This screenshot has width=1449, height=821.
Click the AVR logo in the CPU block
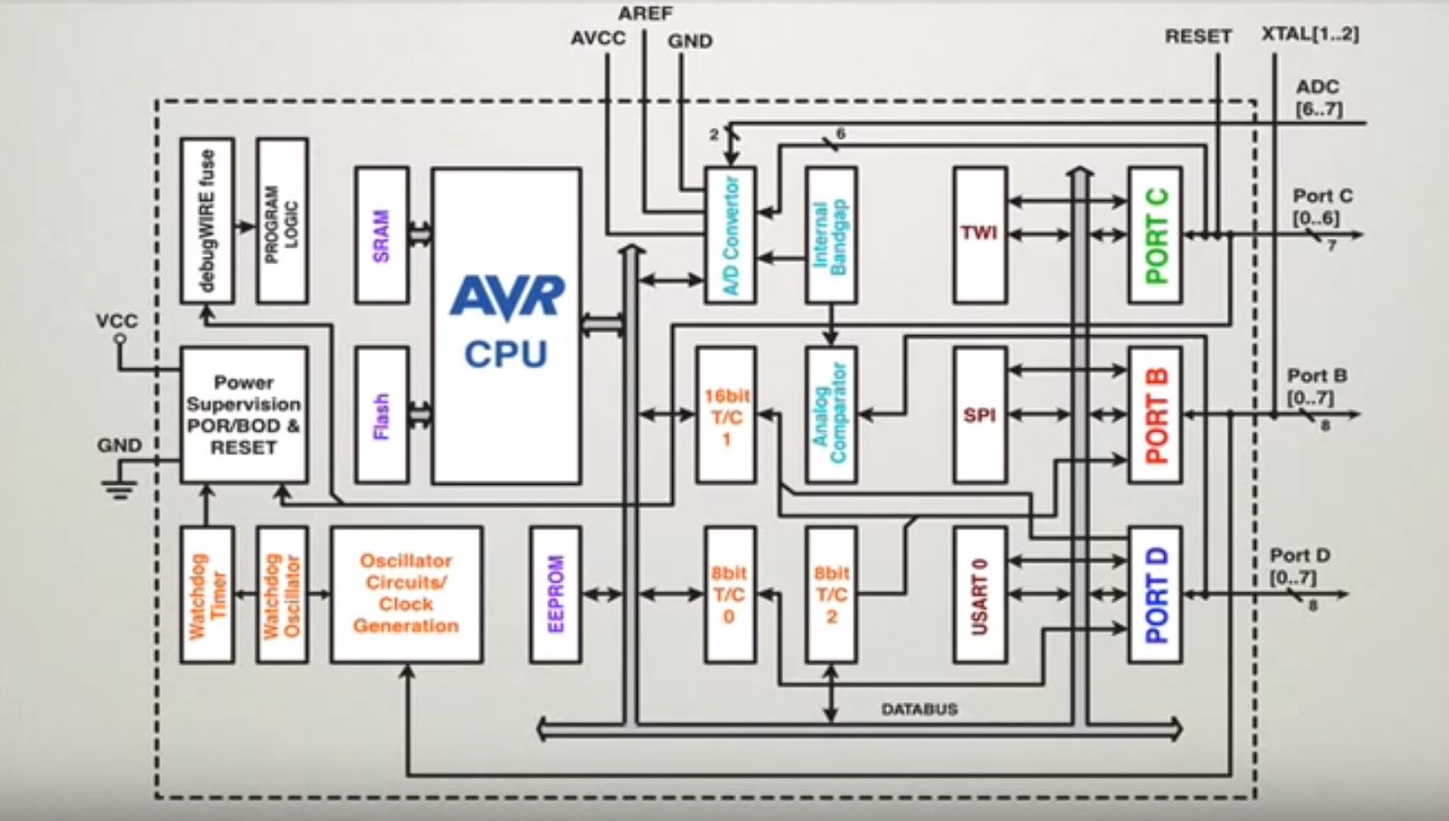(x=507, y=298)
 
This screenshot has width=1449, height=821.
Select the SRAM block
(x=381, y=236)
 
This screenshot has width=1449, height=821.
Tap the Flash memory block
(x=381, y=415)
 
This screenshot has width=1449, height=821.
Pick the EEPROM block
(x=555, y=594)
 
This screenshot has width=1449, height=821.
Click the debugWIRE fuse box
(x=207, y=221)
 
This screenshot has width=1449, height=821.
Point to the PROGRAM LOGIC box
(x=282, y=221)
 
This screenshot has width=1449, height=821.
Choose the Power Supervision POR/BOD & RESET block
(x=243, y=415)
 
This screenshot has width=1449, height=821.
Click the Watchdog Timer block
(x=207, y=594)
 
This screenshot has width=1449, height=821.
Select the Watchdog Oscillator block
(x=282, y=594)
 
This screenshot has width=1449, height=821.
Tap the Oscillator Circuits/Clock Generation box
(x=406, y=594)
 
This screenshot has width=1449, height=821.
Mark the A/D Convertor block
(x=730, y=236)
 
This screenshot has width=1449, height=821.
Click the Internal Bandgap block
(x=831, y=236)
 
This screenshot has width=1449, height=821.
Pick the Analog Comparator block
(x=831, y=415)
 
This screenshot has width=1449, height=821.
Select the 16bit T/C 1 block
(x=726, y=415)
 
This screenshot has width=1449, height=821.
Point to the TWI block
(x=980, y=235)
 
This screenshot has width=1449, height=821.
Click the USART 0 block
(x=980, y=594)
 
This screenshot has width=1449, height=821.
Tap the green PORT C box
(x=1155, y=236)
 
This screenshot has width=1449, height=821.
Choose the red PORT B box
(x=1155, y=415)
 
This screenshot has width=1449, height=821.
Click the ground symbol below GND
(x=120, y=488)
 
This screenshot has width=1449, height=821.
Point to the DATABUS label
(x=919, y=709)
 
